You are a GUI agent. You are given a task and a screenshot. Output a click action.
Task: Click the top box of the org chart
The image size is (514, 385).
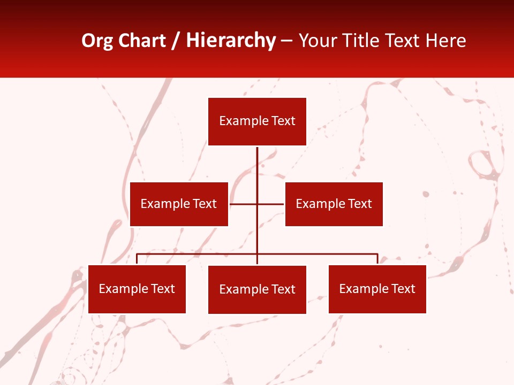tap(257, 121)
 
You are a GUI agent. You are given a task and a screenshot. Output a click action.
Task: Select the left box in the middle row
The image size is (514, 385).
tap(179, 204)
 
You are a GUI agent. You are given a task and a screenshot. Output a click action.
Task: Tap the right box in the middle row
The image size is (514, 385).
tap(334, 204)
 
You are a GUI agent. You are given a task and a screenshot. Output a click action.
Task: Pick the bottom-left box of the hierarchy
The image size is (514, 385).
tap(137, 289)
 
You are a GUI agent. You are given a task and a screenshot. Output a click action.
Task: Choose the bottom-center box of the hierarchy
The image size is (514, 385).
tap(257, 289)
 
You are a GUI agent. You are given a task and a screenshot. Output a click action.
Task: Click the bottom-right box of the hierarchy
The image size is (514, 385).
tap(377, 289)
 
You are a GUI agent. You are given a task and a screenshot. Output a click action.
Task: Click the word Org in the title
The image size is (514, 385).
tap(97, 41)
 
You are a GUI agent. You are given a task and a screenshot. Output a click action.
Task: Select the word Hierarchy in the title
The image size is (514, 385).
tap(231, 41)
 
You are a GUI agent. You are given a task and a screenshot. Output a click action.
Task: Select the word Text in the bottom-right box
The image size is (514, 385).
tap(403, 289)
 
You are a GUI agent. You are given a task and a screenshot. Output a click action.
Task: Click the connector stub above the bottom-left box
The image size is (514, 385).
tap(137, 259)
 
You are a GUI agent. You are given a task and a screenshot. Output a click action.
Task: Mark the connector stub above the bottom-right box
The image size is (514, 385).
tap(377, 259)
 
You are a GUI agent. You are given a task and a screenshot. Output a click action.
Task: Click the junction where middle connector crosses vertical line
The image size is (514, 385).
tap(257, 204)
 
